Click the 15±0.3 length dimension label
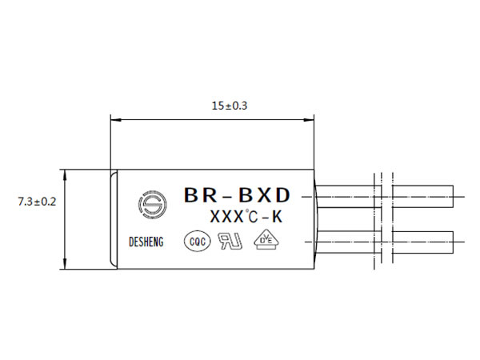click(x=230, y=106)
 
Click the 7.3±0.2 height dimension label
click(x=37, y=202)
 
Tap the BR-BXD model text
click(x=237, y=195)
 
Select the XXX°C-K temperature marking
click(x=246, y=217)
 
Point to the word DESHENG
click(x=146, y=242)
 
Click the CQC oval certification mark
click(x=198, y=242)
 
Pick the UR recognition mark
click(x=230, y=241)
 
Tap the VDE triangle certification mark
click(x=267, y=239)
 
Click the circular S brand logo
click(x=152, y=204)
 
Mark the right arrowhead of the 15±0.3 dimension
click(x=309, y=120)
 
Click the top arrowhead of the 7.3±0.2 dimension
click(x=65, y=174)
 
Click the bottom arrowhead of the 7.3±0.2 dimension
click(x=65, y=264)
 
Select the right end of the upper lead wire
click(x=453, y=197)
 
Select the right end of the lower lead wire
click(x=453, y=242)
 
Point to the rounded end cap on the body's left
click(x=114, y=219)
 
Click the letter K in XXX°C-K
click(x=277, y=217)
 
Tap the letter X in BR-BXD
click(x=264, y=195)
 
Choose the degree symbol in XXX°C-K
click(x=246, y=211)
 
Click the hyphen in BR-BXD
click(x=227, y=198)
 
